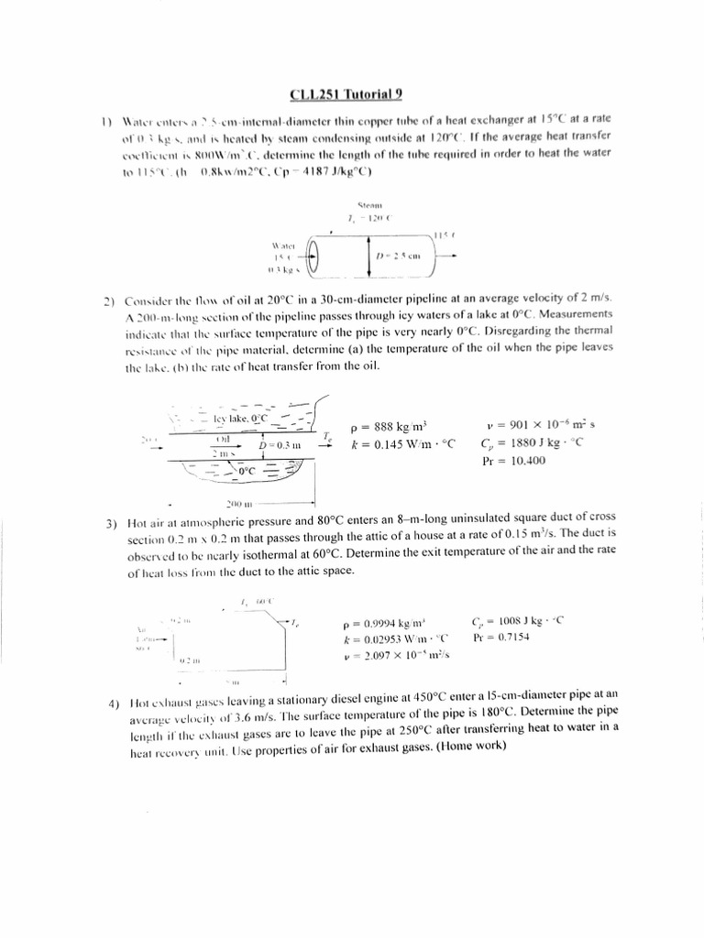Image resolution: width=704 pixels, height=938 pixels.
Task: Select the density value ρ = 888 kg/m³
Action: point(390,426)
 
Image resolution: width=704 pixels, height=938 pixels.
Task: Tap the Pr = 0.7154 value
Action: point(501,637)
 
